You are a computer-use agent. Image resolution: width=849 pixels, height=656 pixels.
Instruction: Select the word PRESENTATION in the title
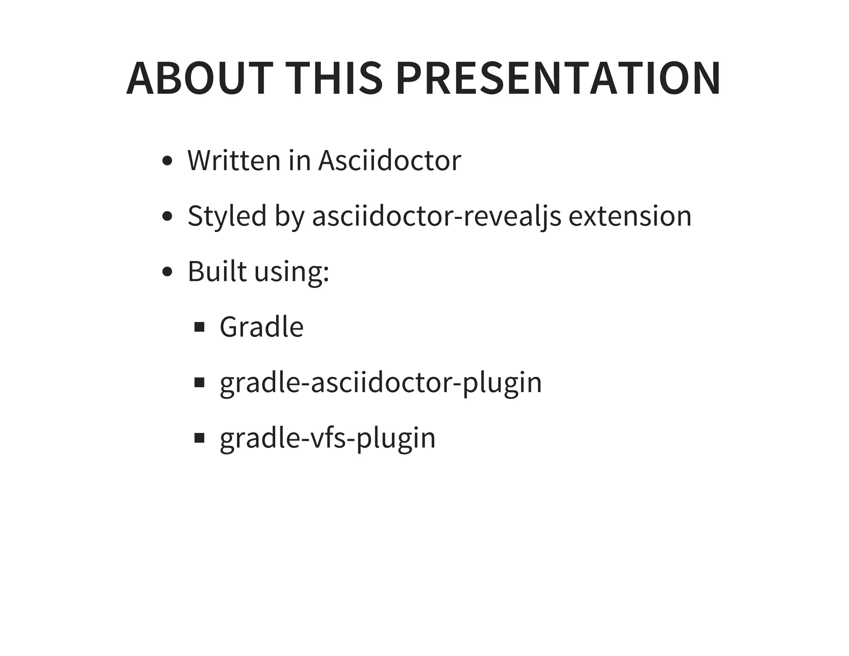558,79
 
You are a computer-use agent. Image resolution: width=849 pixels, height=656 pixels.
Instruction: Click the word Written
234,160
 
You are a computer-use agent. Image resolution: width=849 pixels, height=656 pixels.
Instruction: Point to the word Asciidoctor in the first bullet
389,160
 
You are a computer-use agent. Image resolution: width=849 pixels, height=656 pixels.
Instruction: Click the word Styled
227,216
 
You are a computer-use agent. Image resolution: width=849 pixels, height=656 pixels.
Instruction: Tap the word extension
630,216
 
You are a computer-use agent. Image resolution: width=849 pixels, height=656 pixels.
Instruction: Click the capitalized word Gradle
262,327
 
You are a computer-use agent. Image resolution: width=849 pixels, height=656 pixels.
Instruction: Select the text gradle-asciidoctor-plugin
381,383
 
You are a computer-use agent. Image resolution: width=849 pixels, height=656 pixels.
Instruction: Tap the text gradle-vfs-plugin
327,438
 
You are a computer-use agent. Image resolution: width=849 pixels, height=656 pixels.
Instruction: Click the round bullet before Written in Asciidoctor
167,161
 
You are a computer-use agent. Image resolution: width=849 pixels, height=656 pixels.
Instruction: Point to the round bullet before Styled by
167,216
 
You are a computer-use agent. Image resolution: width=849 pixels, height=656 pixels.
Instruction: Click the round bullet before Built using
167,272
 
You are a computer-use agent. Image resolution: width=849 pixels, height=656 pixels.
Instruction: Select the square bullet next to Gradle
199,327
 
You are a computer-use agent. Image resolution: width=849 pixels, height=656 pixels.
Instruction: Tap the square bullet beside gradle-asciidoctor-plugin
199,382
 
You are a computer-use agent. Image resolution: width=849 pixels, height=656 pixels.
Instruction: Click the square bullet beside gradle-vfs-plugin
199,438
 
